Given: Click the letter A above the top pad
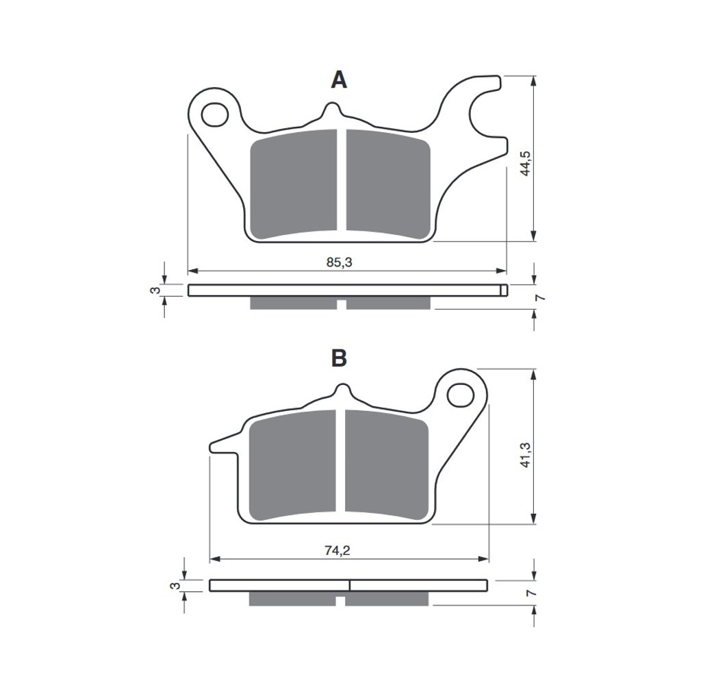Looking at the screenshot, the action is (339, 81).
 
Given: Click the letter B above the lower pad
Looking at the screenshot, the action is (339, 358).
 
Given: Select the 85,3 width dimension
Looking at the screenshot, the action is (340, 262).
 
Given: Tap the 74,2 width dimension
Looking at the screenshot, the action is (337, 551).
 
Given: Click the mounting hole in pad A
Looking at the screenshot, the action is (215, 114).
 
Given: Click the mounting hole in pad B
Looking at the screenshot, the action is (460, 395).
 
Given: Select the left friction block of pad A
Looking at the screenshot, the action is (293, 184).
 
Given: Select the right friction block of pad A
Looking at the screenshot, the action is (388, 184).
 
